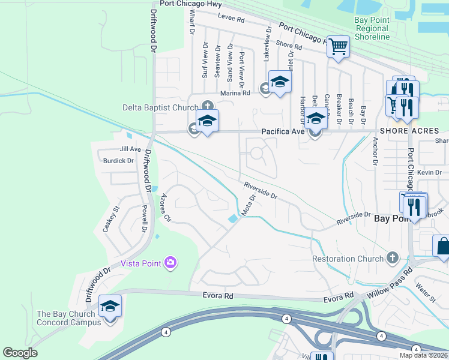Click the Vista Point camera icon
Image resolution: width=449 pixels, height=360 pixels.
coord(170,262)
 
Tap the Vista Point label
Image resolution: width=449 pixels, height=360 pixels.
coord(142,263)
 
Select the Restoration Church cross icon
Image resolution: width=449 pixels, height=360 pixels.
coord(393,257)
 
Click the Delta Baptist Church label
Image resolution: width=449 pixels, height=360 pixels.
coord(160,107)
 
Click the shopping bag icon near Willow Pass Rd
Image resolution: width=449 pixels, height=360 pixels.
coord(442,246)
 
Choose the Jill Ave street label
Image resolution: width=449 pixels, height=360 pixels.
coord(130,149)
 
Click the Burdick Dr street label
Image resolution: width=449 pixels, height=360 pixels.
coord(118,161)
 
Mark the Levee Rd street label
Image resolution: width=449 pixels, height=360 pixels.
coord(232,19)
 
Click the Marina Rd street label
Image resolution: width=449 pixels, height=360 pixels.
coord(235,93)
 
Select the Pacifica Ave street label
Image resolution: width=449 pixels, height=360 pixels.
coord(282,131)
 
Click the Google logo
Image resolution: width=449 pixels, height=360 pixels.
coord(20,353)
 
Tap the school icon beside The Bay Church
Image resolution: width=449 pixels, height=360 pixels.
coord(110,307)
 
